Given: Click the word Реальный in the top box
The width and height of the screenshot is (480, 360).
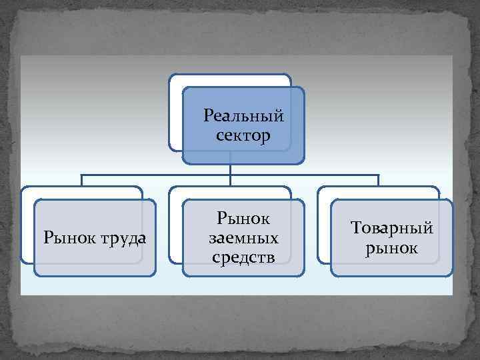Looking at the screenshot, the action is [x=243, y=116].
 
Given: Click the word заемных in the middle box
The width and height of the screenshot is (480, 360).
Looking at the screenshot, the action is [x=243, y=238].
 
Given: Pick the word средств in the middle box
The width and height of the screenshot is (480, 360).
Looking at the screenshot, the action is [x=243, y=257].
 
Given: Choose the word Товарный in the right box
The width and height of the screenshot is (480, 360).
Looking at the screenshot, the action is [x=391, y=229].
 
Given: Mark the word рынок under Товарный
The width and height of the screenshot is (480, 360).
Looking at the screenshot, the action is [x=391, y=249].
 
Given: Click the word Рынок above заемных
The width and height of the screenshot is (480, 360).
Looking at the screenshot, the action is [x=243, y=219].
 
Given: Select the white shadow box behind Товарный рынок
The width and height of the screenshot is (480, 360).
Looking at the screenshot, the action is [x=324, y=227].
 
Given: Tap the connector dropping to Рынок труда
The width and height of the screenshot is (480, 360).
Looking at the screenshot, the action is [x=82, y=180].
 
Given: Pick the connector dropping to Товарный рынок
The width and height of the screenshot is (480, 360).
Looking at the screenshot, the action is [x=379, y=180].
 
